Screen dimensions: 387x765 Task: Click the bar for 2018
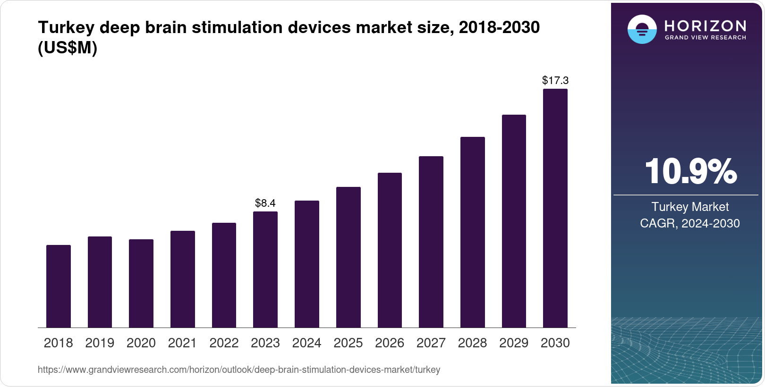click(x=59, y=286)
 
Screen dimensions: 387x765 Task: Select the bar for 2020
click(x=141, y=283)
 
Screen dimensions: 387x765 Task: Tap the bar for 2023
click(x=265, y=269)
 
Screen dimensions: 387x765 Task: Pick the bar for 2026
click(x=390, y=250)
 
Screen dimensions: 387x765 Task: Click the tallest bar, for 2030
click(x=555, y=208)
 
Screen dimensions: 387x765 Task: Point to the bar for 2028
click(x=473, y=232)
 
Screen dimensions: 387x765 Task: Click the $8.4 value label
click(x=265, y=203)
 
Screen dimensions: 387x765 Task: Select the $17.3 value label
click(x=555, y=80)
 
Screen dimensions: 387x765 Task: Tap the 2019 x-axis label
click(x=100, y=343)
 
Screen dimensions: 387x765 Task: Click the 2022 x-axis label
click(x=224, y=343)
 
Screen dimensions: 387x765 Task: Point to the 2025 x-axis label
click(x=348, y=343)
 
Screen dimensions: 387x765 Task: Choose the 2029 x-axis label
click(x=514, y=343)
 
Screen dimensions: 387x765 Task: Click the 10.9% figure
click(x=690, y=171)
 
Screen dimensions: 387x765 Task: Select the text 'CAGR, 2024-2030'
click(x=690, y=223)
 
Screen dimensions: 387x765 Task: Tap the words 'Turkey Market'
click(x=690, y=207)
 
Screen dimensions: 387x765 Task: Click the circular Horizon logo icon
click(x=642, y=29)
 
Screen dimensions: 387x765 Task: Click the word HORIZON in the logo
click(x=705, y=25)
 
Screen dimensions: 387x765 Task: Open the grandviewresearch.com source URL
click(x=239, y=370)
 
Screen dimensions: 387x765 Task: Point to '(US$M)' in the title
click(x=68, y=48)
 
